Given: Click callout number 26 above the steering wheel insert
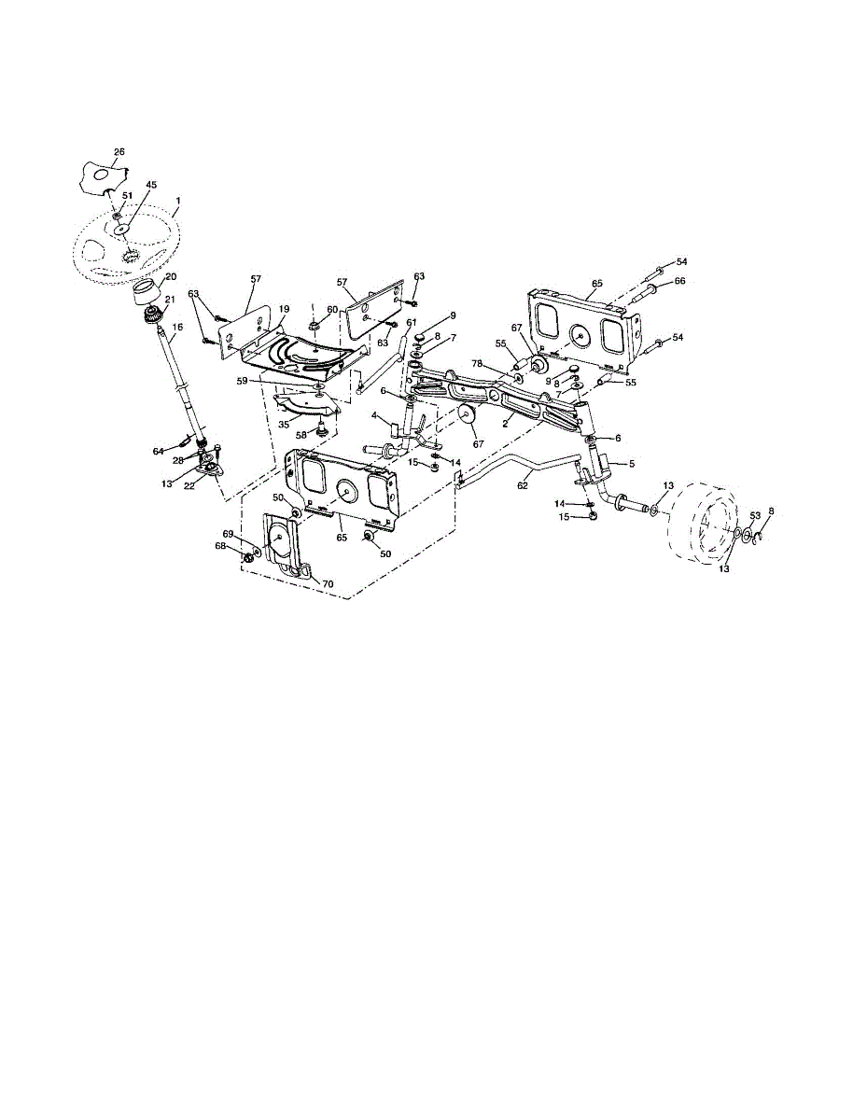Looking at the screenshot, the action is click(119, 152).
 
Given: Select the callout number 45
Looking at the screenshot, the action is click(151, 185).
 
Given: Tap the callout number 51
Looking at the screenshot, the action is click(127, 196).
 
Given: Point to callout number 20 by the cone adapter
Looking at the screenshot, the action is click(171, 277).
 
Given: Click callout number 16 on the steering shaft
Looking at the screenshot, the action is click(177, 327).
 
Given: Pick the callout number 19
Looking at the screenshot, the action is click(285, 309).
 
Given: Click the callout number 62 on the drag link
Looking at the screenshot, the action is click(523, 485).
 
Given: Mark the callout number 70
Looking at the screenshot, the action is click(328, 584).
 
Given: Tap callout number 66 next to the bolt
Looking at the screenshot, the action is click(680, 281).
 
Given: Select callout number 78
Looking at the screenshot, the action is click(478, 363).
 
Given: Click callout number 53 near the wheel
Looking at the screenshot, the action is click(755, 515).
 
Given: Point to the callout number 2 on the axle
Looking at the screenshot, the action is click(506, 423).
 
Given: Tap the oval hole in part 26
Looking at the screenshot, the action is click(102, 175).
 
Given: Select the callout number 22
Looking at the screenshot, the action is click(189, 486).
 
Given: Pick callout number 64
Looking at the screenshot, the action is click(158, 452).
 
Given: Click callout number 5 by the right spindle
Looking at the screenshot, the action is click(632, 463).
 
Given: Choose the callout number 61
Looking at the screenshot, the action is click(411, 322).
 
